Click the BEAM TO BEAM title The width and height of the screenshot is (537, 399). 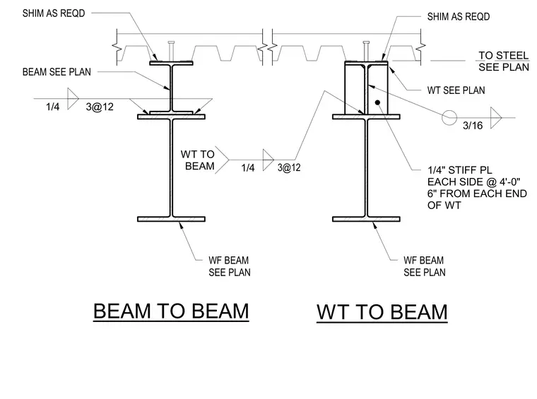tap(171, 311)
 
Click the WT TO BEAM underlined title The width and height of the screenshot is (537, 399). tap(382, 312)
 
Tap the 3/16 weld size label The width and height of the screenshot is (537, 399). tap(473, 126)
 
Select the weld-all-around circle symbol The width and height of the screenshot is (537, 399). tap(449, 118)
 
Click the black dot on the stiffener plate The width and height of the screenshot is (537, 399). tap(377, 102)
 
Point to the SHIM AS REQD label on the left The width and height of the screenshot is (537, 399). tap(54, 13)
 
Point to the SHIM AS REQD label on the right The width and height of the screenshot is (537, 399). tap(459, 16)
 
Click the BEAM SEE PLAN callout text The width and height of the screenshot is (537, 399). tap(57, 72)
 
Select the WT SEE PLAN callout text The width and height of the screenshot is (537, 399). tap(456, 90)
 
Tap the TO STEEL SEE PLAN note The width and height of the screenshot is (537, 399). tap(504, 61)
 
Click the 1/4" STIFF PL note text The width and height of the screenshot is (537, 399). tap(477, 188)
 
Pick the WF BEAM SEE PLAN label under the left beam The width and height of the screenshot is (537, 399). tap(230, 266)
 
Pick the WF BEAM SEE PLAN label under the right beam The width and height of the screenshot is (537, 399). tap(425, 266)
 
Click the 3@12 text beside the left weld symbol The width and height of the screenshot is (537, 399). tap(100, 107)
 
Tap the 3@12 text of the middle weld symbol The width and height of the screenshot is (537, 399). tap(289, 167)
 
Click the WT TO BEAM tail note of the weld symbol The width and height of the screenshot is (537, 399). tap(198, 160)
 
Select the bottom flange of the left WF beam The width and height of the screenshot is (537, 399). tap(171, 219)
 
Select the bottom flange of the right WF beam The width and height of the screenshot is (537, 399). tap(366, 219)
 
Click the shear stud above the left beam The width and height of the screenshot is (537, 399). tap(171, 52)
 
